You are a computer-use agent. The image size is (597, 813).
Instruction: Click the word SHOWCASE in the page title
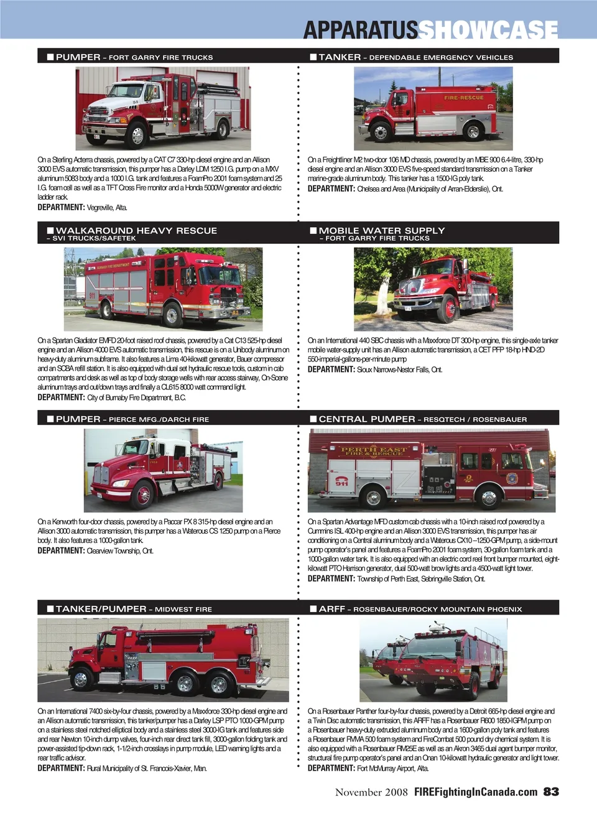(488, 29)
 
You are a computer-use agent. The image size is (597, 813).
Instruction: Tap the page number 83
(551, 792)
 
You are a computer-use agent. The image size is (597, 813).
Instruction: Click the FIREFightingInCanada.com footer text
(476, 792)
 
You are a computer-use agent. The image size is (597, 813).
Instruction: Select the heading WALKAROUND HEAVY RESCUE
(136, 230)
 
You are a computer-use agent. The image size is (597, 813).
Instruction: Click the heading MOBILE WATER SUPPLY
(382, 230)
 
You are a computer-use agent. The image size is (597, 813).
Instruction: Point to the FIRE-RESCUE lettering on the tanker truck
(464, 98)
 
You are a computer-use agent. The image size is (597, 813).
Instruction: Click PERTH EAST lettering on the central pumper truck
(373, 449)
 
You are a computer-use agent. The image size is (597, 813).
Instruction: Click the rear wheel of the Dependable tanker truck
(473, 131)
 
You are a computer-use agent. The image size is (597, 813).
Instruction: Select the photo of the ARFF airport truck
(433, 661)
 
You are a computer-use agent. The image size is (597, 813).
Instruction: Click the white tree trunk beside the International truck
(384, 292)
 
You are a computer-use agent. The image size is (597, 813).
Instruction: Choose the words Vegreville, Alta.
(107, 208)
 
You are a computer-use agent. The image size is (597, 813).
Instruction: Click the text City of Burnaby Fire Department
(136, 397)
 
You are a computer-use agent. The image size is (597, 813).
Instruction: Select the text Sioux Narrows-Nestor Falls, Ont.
(400, 369)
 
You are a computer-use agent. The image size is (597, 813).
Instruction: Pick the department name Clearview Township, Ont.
(120, 551)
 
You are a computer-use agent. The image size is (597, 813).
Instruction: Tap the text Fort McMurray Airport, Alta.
(393, 768)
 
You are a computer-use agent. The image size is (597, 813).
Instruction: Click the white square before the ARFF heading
(313, 609)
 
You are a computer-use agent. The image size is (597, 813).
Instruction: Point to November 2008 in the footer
(371, 792)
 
